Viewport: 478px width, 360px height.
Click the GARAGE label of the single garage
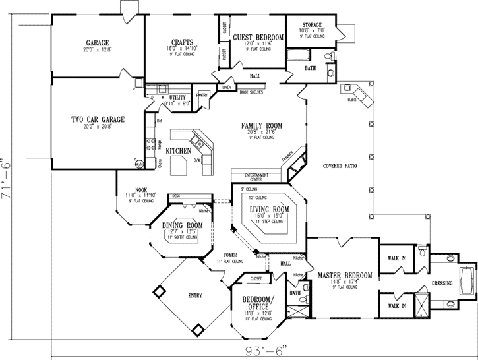(96, 42)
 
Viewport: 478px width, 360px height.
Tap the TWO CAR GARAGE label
(98, 119)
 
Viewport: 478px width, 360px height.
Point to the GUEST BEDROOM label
(258, 36)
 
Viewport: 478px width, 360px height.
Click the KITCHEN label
(178, 151)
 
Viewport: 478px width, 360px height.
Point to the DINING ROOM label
(181, 225)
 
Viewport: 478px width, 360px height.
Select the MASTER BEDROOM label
(344, 275)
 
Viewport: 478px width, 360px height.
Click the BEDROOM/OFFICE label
(257, 301)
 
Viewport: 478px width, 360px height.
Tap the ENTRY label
(194, 295)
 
